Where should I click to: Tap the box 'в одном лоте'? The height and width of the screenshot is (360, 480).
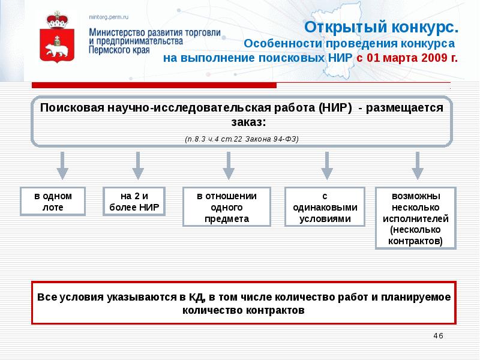click(53, 202)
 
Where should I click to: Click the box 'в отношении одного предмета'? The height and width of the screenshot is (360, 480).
click(227, 207)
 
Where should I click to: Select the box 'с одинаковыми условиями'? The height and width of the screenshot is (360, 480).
click(325, 207)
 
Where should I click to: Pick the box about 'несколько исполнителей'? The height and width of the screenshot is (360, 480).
click(415, 218)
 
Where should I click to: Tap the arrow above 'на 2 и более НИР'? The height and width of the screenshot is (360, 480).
click(138, 165)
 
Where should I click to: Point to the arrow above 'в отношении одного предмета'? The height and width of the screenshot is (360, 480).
click(227, 165)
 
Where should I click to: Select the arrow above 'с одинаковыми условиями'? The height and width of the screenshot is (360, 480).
click(326, 165)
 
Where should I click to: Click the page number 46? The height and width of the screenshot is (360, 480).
click(437, 335)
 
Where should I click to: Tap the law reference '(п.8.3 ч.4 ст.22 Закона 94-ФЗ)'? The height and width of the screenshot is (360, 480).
click(241, 139)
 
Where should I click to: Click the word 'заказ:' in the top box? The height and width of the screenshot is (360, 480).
click(242, 122)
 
